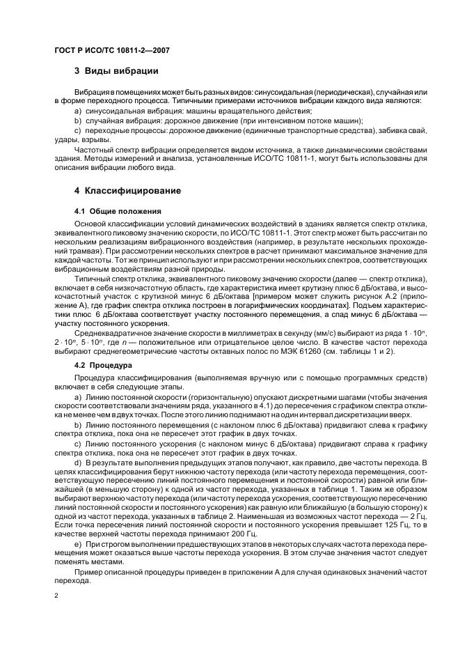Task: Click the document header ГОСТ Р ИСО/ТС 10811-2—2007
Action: [x=113, y=51]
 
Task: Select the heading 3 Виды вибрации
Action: [x=116, y=71]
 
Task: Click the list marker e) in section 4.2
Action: [x=77, y=543]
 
